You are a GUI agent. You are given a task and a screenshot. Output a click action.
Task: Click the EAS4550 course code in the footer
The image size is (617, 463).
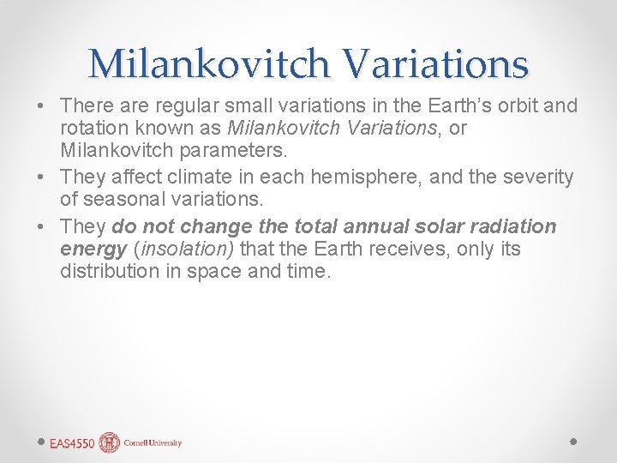coord(72,443)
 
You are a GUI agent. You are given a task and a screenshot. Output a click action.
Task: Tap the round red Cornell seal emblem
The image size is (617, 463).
coord(110,442)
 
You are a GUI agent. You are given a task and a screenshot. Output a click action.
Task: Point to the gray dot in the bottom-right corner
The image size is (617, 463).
coord(573,442)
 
